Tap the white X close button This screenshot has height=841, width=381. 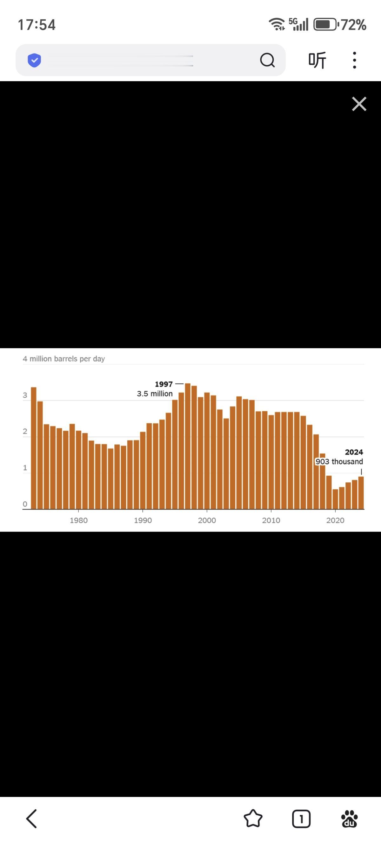coord(359,104)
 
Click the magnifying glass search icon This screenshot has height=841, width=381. coord(267,60)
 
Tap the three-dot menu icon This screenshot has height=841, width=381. coord(354,60)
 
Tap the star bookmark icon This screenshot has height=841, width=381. coord(253,818)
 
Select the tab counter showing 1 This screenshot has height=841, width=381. coord(301,818)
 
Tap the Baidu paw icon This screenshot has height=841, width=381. coord(349,818)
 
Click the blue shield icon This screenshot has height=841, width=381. coord(34,60)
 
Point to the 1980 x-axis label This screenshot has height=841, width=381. coord(78,520)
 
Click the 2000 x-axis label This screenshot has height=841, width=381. coord(207,520)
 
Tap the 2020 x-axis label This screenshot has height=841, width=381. coord(335,520)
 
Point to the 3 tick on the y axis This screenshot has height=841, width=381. coord(25,395)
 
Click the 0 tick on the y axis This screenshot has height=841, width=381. coord(25,504)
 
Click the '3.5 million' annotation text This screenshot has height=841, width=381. coord(155,394)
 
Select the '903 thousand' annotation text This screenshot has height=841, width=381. coord(339,461)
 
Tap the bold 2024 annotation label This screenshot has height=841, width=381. coord(354,452)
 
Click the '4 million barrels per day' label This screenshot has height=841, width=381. coord(64,359)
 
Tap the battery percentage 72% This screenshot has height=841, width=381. coord(353,25)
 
